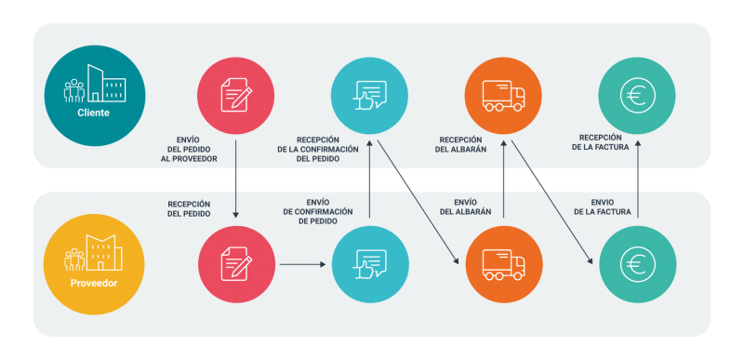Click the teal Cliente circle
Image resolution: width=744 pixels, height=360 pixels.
pos(95,95)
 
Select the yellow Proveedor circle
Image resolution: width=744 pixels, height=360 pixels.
pos(94,264)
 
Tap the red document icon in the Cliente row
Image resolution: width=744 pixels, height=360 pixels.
pos(236,95)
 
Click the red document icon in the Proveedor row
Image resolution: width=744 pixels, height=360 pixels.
pos(236,263)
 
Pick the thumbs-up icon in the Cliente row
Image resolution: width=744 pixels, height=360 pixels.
pos(369,95)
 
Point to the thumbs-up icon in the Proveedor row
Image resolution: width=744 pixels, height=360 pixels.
pos(370,264)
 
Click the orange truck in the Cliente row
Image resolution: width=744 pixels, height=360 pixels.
pos(503,95)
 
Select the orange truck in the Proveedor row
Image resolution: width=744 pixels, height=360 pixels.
pos(504,264)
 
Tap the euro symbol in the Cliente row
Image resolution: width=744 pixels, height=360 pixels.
pos(637,95)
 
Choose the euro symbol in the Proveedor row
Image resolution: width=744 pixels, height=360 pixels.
pos(638,264)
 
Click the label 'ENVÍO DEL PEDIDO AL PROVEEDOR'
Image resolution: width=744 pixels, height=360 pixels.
pos(189,150)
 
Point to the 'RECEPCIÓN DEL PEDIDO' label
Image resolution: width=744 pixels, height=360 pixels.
pos(189,208)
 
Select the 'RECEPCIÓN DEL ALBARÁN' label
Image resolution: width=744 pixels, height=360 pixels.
pos(460,145)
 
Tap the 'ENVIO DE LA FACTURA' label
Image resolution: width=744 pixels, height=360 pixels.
pos(603,207)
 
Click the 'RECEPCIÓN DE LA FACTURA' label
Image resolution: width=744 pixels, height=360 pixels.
pos(600,142)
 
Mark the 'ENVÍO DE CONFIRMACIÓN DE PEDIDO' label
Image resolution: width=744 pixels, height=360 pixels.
pos(318,211)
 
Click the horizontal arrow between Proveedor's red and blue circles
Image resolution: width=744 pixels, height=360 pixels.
pos(303,264)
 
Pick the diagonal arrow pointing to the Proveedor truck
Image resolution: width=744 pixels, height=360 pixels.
pos(418,202)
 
